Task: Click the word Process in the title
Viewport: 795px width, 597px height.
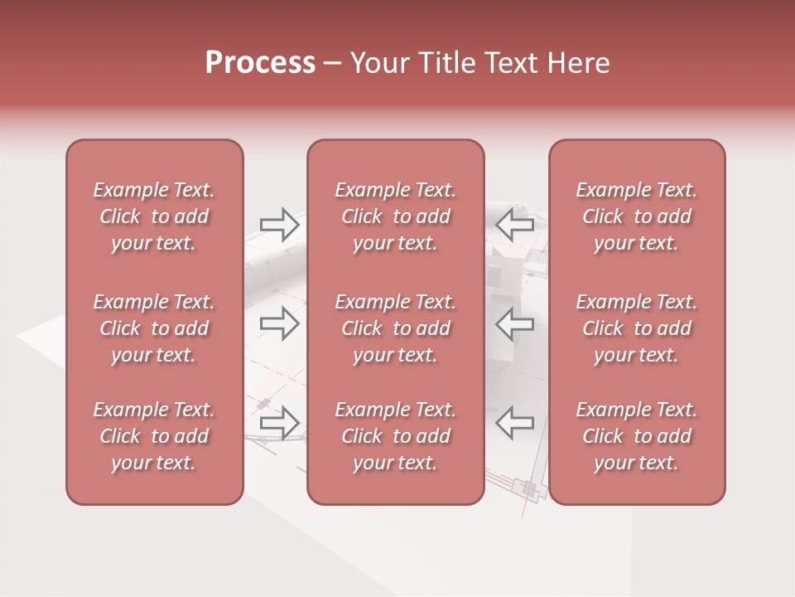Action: click(x=260, y=63)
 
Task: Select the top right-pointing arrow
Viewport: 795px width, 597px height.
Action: click(x=280, y=225)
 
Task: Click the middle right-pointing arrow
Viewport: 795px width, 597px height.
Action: click(x=280, y=323)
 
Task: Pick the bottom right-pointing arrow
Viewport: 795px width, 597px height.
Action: click(x=280, y=423)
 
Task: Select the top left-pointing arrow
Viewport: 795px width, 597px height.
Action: click(x=514, y=224)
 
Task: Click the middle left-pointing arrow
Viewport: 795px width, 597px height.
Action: click(x=514, y=323)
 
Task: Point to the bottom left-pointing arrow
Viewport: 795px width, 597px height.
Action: click(x=514, y=423)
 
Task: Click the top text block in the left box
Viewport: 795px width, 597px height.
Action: click(x=154, y=216)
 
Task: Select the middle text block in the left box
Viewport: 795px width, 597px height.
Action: click(x=154, y=328)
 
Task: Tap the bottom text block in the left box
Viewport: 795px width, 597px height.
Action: click(x=154, y=436)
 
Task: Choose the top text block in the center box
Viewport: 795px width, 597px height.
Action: click(x=395, y=216)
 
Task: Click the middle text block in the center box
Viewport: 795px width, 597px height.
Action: click(x=395, y=328)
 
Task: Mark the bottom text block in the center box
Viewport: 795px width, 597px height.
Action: click(x=395, y=436)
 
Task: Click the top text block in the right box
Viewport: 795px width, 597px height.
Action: click(x=637, y=216)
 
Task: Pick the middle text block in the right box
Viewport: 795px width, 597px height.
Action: click(x=637, y=328)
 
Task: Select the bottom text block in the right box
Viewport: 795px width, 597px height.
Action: click(x=637, y=436)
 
